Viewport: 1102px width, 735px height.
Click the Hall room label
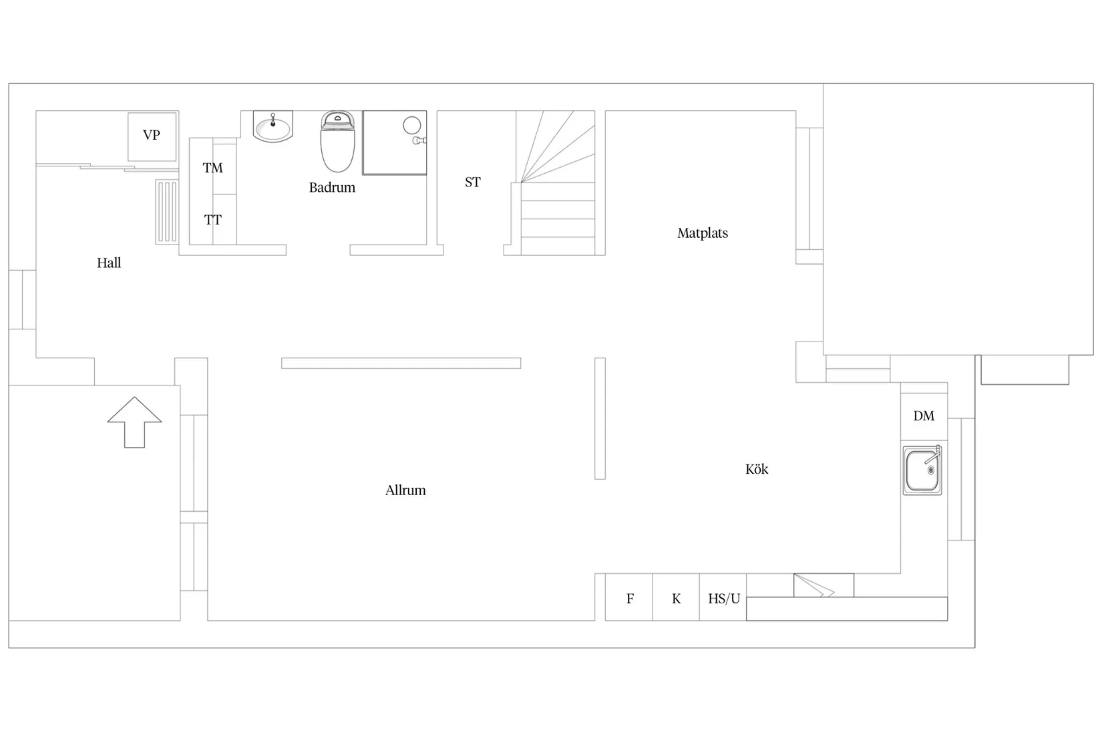click(109, 263)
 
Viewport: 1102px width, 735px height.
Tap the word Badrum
click(332, 188)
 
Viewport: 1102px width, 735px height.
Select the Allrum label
click(405, 490)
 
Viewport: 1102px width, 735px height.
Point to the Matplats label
click(703, 233)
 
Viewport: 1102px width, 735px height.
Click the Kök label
click(757, 469)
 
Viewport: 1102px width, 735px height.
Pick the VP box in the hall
click(152, 136)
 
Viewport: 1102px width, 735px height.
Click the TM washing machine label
click(212, 168)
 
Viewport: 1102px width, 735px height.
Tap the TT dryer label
click(212, 220)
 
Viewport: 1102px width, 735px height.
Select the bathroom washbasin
click(273, 126)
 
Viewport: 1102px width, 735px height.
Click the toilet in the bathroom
click(337, 142)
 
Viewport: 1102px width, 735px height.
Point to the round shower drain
click(412, 126)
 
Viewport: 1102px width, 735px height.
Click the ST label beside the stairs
click(473, 182)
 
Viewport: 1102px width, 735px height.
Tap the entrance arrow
click(134, 422)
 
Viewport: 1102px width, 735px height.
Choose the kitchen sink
click(922, 470)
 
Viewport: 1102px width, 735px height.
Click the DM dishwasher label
click(924, 416)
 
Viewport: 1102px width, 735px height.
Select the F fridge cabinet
click(628, 597)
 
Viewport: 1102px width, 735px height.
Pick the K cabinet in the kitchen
click(676, 597)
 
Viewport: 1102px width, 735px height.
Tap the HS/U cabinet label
click(724, 599)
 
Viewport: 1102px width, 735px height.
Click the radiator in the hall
click(167, 212)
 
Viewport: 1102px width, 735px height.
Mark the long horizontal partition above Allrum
click(401, 363)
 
